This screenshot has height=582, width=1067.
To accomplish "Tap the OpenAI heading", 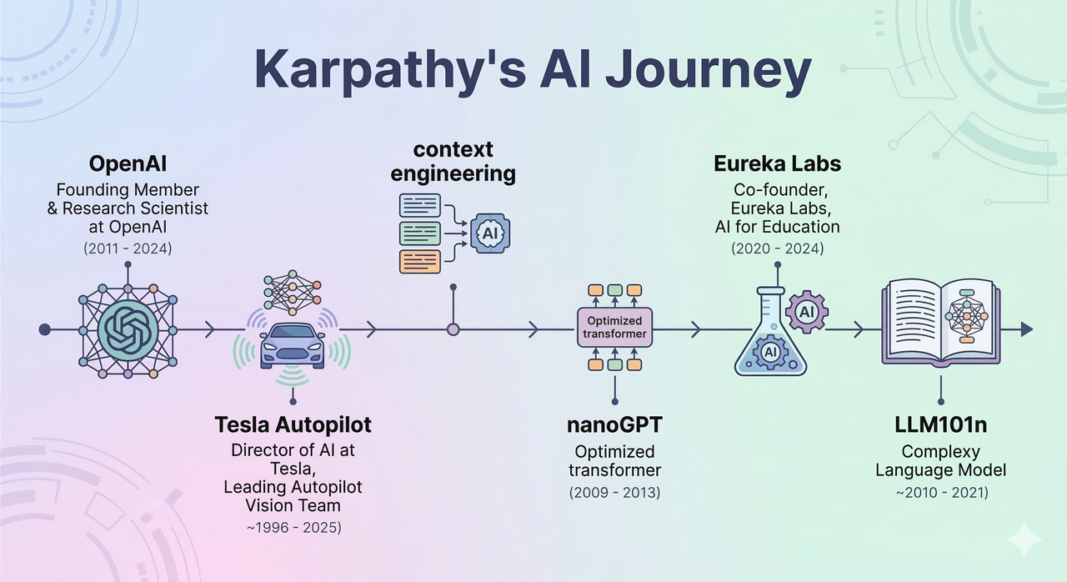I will point(128,163).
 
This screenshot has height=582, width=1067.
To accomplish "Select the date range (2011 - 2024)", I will point(128,248).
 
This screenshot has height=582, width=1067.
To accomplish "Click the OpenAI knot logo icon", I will point(128,329).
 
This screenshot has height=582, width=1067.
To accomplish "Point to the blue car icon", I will point(292,344).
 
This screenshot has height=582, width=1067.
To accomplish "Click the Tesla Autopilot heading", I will point(293,424).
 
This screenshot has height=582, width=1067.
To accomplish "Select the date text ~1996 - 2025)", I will point(293,526).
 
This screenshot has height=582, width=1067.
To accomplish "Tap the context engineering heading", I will point(453,162).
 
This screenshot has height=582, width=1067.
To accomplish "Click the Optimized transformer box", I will point(614,328).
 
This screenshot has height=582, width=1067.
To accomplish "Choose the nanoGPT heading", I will point(614,424).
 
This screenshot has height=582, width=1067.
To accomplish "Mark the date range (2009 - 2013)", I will point(614,493).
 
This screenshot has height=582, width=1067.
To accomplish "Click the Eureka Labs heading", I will point(777,163).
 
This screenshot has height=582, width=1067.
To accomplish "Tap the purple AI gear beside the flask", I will point(806,312).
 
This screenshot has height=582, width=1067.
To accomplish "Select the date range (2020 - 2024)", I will point(777,248).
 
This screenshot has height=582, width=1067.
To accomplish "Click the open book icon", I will point(940,322).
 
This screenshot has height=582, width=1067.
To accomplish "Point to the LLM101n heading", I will point(940,424).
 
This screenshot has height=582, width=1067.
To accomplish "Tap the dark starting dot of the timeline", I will point(45,330).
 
